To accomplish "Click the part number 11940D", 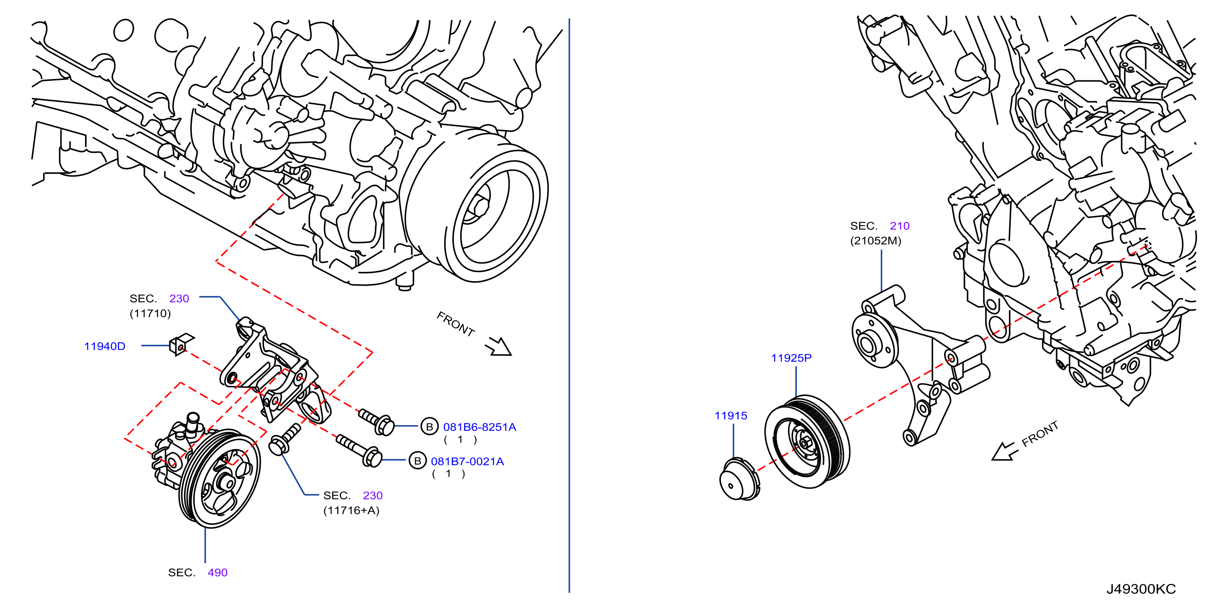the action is [105, 346].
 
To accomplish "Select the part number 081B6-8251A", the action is [480, 427].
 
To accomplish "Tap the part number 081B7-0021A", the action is [467, 462].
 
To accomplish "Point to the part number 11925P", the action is [791, 358].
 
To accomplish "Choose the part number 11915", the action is [731, 416].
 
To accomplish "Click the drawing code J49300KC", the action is [1141, 589].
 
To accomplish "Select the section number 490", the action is [218, 573].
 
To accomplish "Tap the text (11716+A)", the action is [352, 511].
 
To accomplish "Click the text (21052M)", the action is [876, 241].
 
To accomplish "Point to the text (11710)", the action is [150, 314].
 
